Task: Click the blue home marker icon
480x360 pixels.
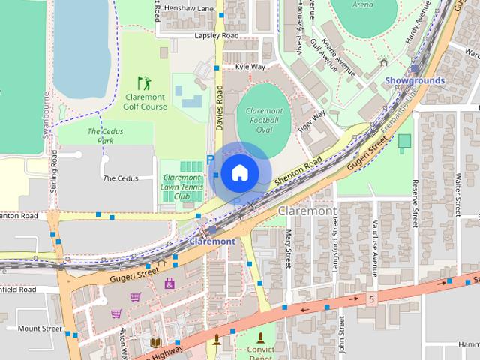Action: [238, 172]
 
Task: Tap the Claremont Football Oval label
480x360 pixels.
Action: [263, 120]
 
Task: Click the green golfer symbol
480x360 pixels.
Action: [143, 82]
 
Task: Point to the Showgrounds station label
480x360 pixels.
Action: [415, 80]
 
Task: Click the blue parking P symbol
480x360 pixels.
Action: [210, 160]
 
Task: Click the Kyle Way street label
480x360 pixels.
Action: [250, 66]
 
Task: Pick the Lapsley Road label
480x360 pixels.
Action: [216, 35]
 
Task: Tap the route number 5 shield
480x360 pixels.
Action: [370, 299]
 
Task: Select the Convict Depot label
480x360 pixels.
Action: [260, 352]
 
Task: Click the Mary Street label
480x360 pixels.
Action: [288, 250]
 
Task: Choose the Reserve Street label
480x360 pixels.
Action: [415, 202]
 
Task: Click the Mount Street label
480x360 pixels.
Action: [39, 328]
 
